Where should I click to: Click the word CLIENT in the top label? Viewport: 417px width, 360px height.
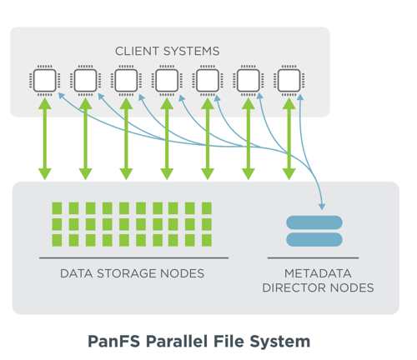[138, 52]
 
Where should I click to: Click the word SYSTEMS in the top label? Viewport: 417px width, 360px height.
[191, 52]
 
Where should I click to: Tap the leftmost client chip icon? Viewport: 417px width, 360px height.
[45, 81]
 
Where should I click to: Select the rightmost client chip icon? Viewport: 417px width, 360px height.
[289, 81]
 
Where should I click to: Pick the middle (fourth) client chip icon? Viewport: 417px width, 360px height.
[167, 81]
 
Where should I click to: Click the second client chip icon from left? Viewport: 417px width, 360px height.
[85, 81]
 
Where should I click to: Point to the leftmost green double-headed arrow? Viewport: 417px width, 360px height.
[45, 139]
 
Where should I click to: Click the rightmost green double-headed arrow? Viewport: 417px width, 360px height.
[289, 139]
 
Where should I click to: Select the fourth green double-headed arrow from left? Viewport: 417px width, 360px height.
[167, 139]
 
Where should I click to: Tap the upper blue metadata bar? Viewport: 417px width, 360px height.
[314, 222]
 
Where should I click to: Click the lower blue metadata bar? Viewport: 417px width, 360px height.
[314, 239]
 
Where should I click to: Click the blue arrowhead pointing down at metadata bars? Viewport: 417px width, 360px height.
[322, 207]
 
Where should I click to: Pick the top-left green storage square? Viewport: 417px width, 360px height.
[57, 208]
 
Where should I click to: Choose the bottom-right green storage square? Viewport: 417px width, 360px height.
[207, 240]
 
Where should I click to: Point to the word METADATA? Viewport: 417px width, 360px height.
[318, 273]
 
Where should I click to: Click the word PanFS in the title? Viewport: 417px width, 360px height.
[113, 342]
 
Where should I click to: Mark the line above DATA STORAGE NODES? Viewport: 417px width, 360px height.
[133, 258]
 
